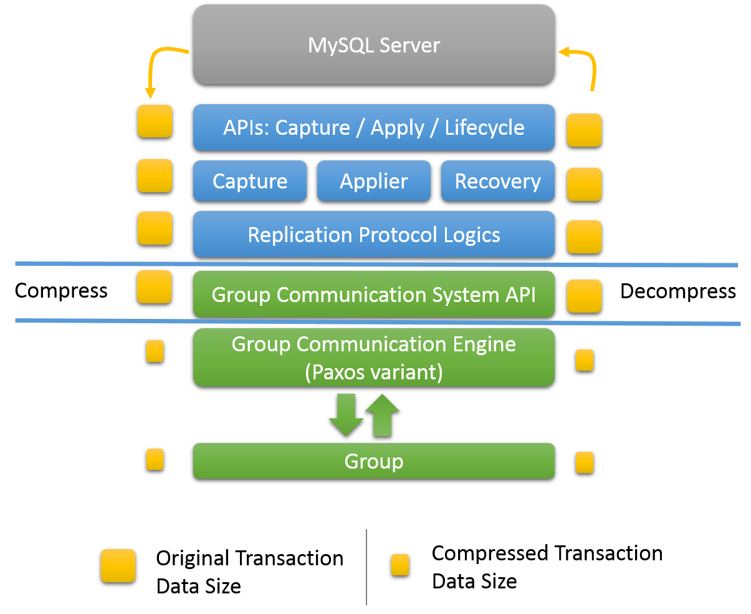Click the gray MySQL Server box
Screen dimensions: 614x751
[x=373, y=44]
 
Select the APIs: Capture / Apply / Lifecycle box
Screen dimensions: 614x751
[x=373, y=127]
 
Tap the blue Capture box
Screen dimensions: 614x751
[x=249, y=181]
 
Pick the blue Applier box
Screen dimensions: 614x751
[x=373, y=181]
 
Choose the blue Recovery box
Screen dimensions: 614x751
[x=497, y=181]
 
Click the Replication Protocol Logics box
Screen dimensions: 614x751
[x=373, y=235]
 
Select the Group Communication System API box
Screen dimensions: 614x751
[x=373, y=294]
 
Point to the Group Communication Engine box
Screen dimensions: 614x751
[x=373, y=357]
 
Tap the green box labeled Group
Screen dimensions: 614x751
[x=373, y=461]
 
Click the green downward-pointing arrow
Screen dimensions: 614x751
[x=346, y=416]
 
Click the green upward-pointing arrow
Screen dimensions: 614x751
[x=382, y=414]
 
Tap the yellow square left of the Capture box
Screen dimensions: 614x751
[x=155, y=175]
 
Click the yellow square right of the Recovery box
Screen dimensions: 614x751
[x=584, y=184]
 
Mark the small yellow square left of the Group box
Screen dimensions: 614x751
[x=155, y=459]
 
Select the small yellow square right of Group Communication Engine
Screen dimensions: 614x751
[x=584, y=360]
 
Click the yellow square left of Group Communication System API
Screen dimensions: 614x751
[x=154, y=287]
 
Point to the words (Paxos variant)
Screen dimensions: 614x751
[x=373, y=372]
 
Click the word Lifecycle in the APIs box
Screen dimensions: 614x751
[x=484, y=127]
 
